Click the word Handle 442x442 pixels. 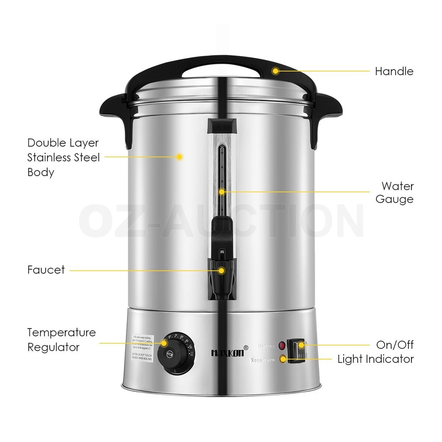click(x=394, y=71)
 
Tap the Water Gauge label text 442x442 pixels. click(x=395, y=193)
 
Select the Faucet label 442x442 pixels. click(x=46, y=270)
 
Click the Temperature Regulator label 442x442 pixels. click(x=61, y=340)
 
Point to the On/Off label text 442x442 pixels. click(x=395, y=344)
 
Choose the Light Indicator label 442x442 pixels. click(x=376, y=359)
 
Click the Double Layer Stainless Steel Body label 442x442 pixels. click(x=63, y=157)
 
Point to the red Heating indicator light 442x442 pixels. click(x=282, y=346)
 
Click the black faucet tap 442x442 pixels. click(x=221, y=278)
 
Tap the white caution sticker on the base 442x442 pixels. click(x=142, y=350)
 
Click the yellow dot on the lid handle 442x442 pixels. click(x=275, y=70)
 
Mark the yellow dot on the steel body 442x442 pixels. click(x=180, y=157)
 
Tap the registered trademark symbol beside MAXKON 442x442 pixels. click(x=246, y=347)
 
